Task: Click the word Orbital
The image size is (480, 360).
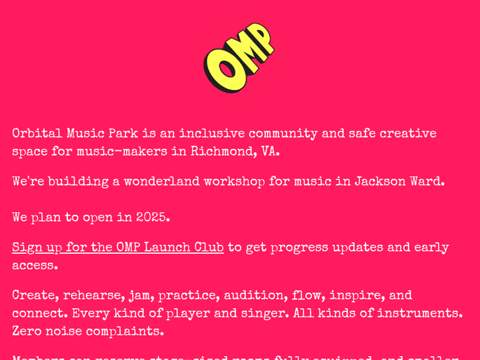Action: pyautogui.click(x=37, y=134)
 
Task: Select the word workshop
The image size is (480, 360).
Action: pyautogui.click(x=234, y=182)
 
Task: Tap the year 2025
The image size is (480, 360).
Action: pyautogui.click(x=153, y=217)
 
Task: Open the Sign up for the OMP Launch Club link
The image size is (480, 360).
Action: pyautogui.click(x=118, y=247)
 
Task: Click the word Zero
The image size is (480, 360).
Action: pyautogui.click(x=28, y=332)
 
